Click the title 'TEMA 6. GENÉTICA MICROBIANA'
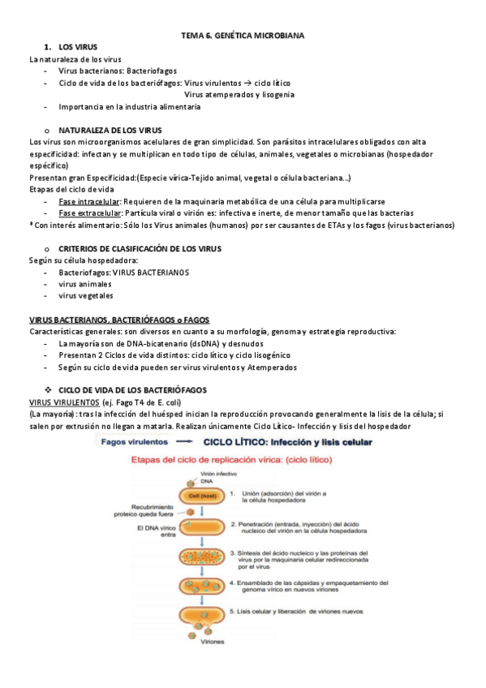[x=243, y=37]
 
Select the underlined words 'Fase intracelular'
[x=89, y=200]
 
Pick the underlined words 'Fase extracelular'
[x=90, y=213]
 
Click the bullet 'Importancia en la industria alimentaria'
[x=129, y=106]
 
